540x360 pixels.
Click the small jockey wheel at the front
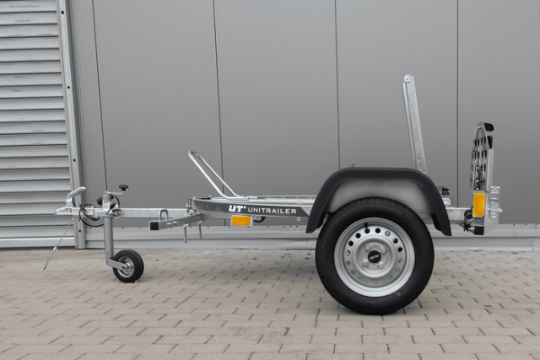coord(128,266)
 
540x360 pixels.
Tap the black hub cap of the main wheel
coord(374,256)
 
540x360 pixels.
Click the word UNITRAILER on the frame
coord(272,211)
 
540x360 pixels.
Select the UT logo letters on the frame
coord(237,209)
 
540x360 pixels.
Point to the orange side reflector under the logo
coord(241,220)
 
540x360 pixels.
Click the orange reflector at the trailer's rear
coord(479,205)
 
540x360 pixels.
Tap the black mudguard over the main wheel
coord(378,193)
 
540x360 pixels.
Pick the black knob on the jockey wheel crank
coord(123,187)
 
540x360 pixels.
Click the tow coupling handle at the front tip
coord(76,193)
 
